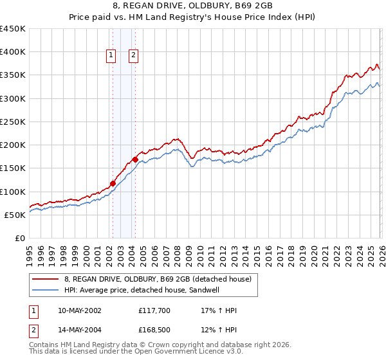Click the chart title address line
(192, 5)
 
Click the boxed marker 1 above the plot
(112, 56)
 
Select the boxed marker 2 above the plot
(133, 56)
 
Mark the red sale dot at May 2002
(113, 183)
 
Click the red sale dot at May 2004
(135, 159)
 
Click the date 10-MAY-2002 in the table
(79, 310)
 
